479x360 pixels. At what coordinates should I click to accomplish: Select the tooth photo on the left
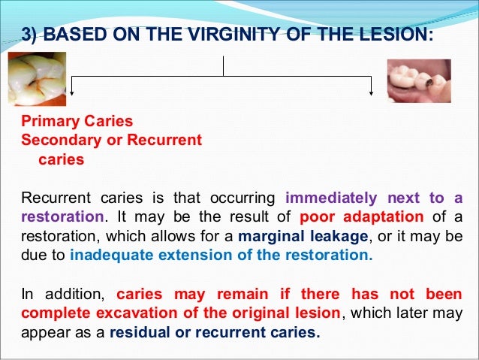tap(37, 79)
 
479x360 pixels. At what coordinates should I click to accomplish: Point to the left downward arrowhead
tap(72, 92)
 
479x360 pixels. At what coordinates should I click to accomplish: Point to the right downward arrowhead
tap(372, 92)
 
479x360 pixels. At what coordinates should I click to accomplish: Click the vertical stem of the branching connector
tap(223, 65)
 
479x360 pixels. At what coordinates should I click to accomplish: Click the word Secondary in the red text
tap(62, 141)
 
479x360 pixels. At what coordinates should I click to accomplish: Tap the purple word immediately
tap(332, 199)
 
